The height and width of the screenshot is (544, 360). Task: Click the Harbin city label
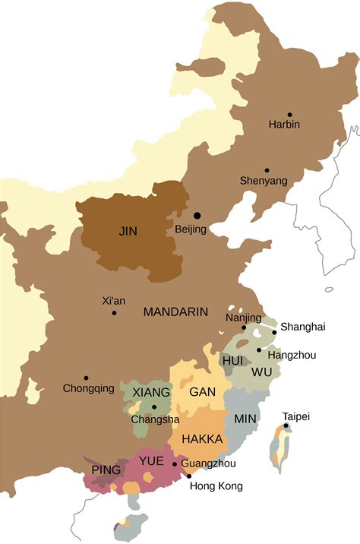[x=284, y=124]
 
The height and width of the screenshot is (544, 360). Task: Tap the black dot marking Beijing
[x=197, y=217]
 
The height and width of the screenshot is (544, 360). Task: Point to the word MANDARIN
[x=175, y=312]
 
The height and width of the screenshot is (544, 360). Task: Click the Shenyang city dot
[x=267, y=170]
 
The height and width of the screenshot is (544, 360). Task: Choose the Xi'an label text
[x=113, y=301]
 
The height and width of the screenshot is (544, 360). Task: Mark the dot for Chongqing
[x=87, y=378]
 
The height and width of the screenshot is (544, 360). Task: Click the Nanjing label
[x=243, y=318]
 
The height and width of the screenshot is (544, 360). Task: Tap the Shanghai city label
[x=302, y=327]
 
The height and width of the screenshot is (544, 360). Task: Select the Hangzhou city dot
[x=259, y=350]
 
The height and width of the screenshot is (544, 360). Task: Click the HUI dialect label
[x=233, y=359]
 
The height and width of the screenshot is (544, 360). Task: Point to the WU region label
[x=261, y=372]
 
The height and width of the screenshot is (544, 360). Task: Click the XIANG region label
[x=151, y=392]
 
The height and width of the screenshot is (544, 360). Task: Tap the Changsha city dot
[x=154, y=407]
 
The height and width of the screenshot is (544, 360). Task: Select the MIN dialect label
[x=245, y=419]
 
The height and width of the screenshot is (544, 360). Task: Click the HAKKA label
[x=202, y=439]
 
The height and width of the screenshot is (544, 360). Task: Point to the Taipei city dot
[x=286, y=425]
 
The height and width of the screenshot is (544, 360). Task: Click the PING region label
[x=106, y=470]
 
